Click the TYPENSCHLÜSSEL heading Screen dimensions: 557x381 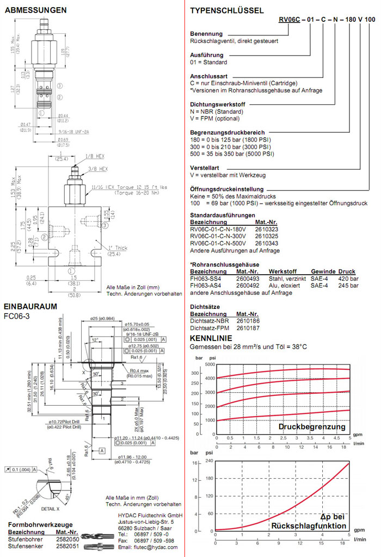tap(226, 10)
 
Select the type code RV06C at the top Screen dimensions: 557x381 tap(289, 19)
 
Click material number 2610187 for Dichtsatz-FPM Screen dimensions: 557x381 tap(247, 327)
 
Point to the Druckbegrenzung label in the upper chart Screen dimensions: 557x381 tap(312, 427)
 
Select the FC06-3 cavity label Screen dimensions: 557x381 tap(15, 315)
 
